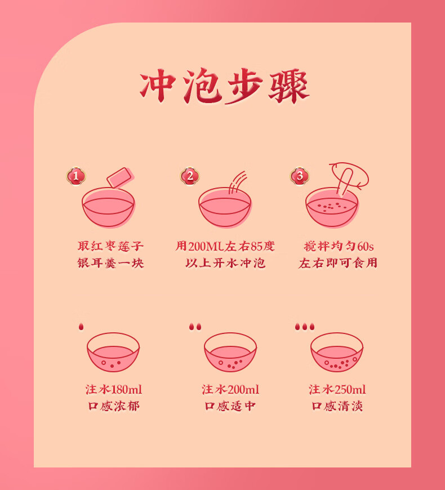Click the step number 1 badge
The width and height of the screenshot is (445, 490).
pos(76,176)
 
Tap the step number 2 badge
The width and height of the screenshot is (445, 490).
pos(190,176)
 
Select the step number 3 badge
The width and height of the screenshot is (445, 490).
pos(300,176)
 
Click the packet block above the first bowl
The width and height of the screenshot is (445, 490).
pos(120,177)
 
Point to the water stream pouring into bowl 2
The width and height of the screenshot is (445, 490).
pos(238,182)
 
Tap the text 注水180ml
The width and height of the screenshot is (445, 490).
pos(114,389)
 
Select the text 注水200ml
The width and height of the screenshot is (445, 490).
pos(230,389)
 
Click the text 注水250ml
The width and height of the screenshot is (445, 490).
pos(337,389)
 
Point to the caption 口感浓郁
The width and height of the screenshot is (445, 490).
pos(114,406)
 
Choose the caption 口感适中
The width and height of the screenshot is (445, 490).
pos(230,406)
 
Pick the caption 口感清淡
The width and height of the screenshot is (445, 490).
pos(337,406)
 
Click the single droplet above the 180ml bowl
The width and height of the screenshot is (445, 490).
pos(81,327)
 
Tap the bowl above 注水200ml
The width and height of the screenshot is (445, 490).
pos(230,352)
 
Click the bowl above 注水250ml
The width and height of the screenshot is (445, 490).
pos(337,352)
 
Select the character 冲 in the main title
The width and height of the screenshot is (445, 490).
pos(157,85)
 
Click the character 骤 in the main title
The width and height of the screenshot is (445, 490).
pos(289,86)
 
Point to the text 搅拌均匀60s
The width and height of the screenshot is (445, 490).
pos(339,246)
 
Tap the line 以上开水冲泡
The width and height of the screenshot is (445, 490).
pos(225,263)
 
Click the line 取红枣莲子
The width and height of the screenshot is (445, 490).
pos(110,246)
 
